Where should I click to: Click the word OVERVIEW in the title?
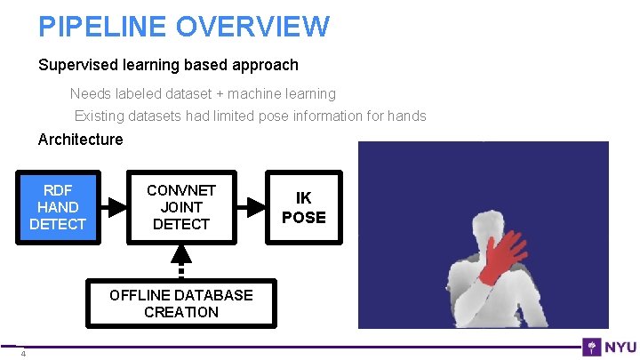tap(252, 26)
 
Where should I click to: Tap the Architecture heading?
tap(80, 140)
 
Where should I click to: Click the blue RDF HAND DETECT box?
tap(57, 207)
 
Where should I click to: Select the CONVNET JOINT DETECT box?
tap(180, 207)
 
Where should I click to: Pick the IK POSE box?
tap(303, 207)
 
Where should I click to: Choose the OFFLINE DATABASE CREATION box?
tap(180, 303)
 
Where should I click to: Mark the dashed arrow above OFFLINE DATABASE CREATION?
tap(180, 261)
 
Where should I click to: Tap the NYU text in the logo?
tap(619, 347)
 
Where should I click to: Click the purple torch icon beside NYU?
tap(591, 347)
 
